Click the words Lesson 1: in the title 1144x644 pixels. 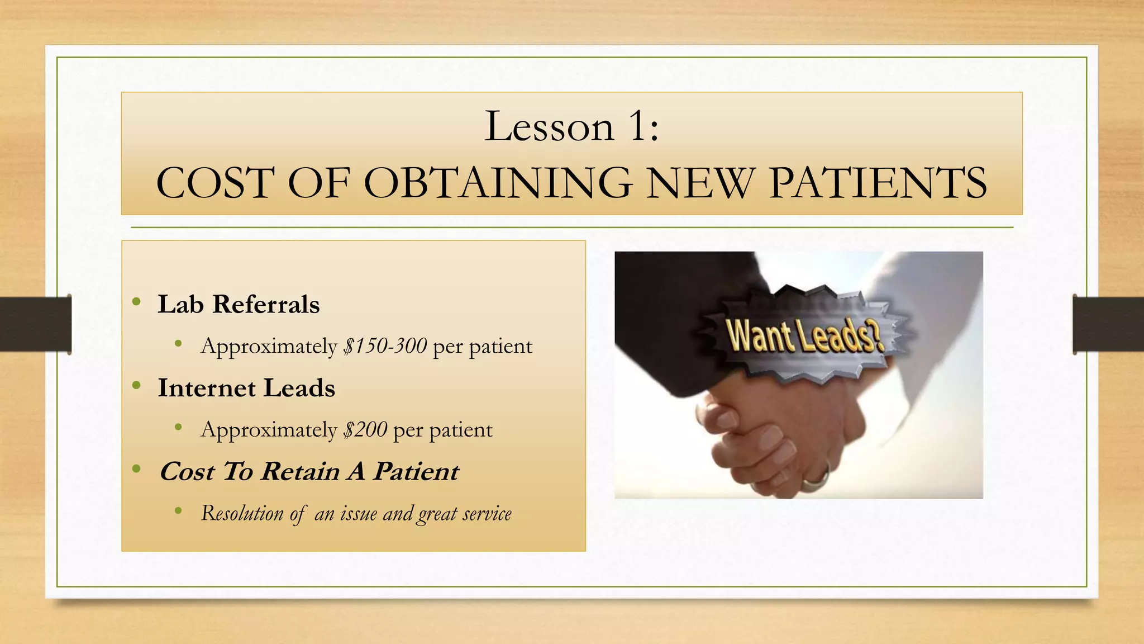tap(571, 126)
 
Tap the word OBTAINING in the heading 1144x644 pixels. tap(499, 183)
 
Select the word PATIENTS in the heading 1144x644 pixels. tap(878, 183)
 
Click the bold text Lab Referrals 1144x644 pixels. tap(239, 305)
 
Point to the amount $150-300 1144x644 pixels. tap(385, 346)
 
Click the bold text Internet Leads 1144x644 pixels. tap(246, 388)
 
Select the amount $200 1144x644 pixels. tap(365, 430)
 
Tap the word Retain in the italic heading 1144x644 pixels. tap(301, 471)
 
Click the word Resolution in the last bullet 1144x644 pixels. tap(242, 513)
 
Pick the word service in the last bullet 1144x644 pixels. tap(487, 513)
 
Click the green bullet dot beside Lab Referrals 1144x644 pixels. tap(136, 302)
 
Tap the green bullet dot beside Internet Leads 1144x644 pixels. tap(136, 386)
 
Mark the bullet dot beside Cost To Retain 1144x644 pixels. tap(136, 468)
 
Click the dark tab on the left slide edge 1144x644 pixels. tap(35, 324)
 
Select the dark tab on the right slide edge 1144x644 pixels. tap(1108, 324)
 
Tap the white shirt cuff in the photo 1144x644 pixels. tap(927, 363)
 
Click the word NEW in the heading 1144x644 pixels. tap(699, 183)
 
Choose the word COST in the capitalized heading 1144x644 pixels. tap(214, 183)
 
